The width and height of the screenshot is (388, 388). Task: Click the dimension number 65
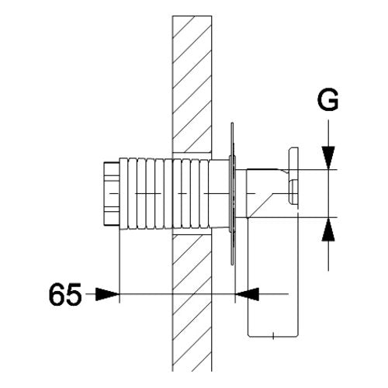tap(65, 294)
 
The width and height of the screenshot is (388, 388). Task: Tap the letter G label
tap(327, 100)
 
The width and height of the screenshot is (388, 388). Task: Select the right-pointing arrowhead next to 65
tap(107, 294)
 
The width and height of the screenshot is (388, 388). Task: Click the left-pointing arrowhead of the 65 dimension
tap(247, 294)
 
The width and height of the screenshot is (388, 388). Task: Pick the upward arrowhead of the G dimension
tap(328, 230)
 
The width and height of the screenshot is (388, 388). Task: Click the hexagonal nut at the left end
tap(112, 194)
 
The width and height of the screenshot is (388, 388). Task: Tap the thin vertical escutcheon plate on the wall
tap(232, 194)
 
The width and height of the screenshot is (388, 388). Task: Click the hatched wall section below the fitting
tap(192, 303)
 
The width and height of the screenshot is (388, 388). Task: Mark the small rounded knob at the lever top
tap(293, 192)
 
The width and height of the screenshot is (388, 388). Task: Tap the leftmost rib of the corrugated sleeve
tap(123, 194)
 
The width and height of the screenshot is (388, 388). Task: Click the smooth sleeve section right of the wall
tap(219, 194)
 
